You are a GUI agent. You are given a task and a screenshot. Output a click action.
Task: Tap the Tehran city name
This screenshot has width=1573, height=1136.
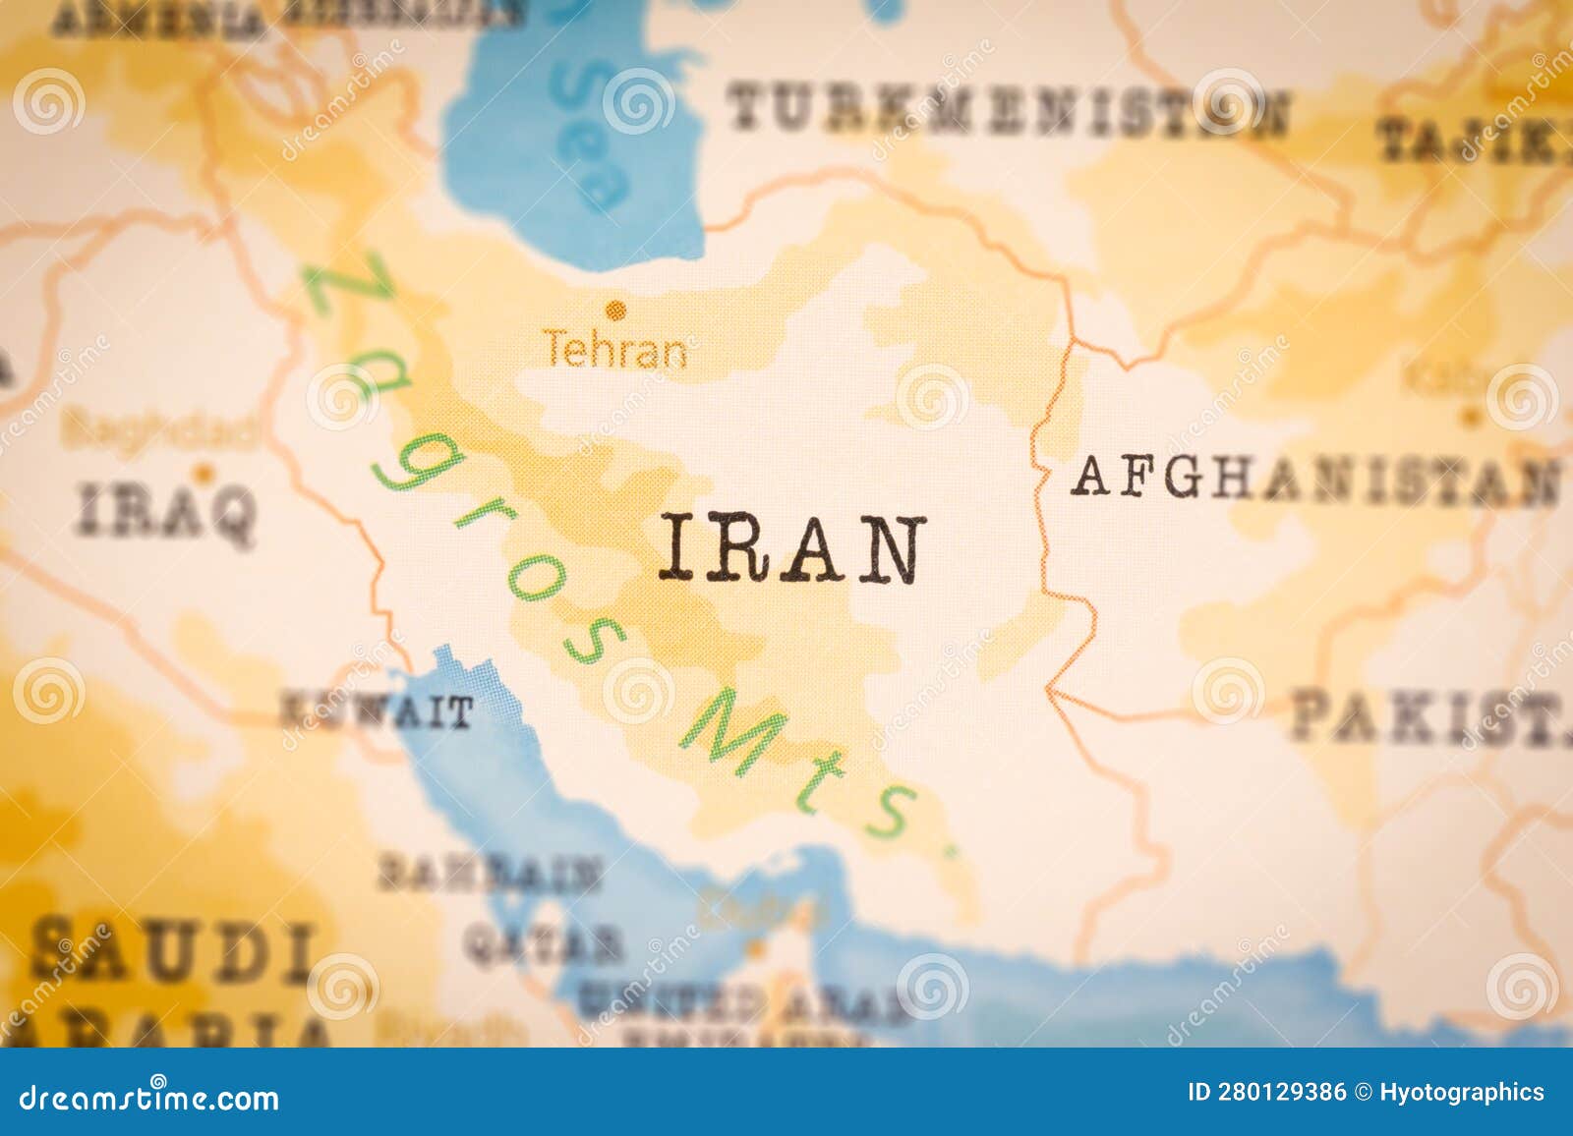[x=616, y=350]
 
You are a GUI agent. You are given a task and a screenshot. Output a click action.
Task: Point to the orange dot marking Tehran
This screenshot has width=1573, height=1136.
[x=616, y=311]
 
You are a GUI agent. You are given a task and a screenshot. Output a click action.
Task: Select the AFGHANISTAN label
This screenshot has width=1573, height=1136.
[x=1315, y=480]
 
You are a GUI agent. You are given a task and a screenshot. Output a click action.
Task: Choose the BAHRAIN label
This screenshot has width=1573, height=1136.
[x=489, y=873]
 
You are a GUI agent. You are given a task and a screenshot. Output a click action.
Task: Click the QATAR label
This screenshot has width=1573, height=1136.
[x=543, y=944]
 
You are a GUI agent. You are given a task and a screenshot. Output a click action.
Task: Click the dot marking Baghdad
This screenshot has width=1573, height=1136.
[x=204, y=474]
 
